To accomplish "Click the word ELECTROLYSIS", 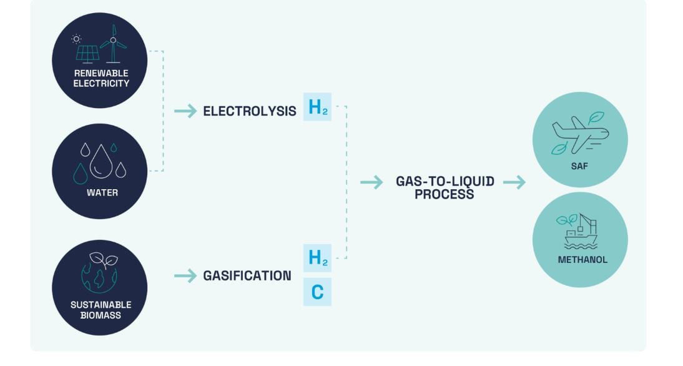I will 249,111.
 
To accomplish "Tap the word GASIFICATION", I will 247,275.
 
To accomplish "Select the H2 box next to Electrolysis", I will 317,107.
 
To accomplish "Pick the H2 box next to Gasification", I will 317,257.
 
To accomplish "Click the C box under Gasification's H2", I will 317,292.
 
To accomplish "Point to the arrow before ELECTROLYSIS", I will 185,111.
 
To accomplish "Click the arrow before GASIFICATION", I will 185,275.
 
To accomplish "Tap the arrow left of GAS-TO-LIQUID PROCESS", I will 371,182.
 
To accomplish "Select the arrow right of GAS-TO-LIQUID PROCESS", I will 514,182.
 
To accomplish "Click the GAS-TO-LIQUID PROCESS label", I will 445,187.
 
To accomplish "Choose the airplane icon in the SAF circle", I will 579,134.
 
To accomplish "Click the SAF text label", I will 580,167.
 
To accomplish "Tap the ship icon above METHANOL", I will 579,231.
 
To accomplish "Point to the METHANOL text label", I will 580,259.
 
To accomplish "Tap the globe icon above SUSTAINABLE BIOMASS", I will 99,274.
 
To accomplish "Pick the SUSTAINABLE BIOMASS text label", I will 100,310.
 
